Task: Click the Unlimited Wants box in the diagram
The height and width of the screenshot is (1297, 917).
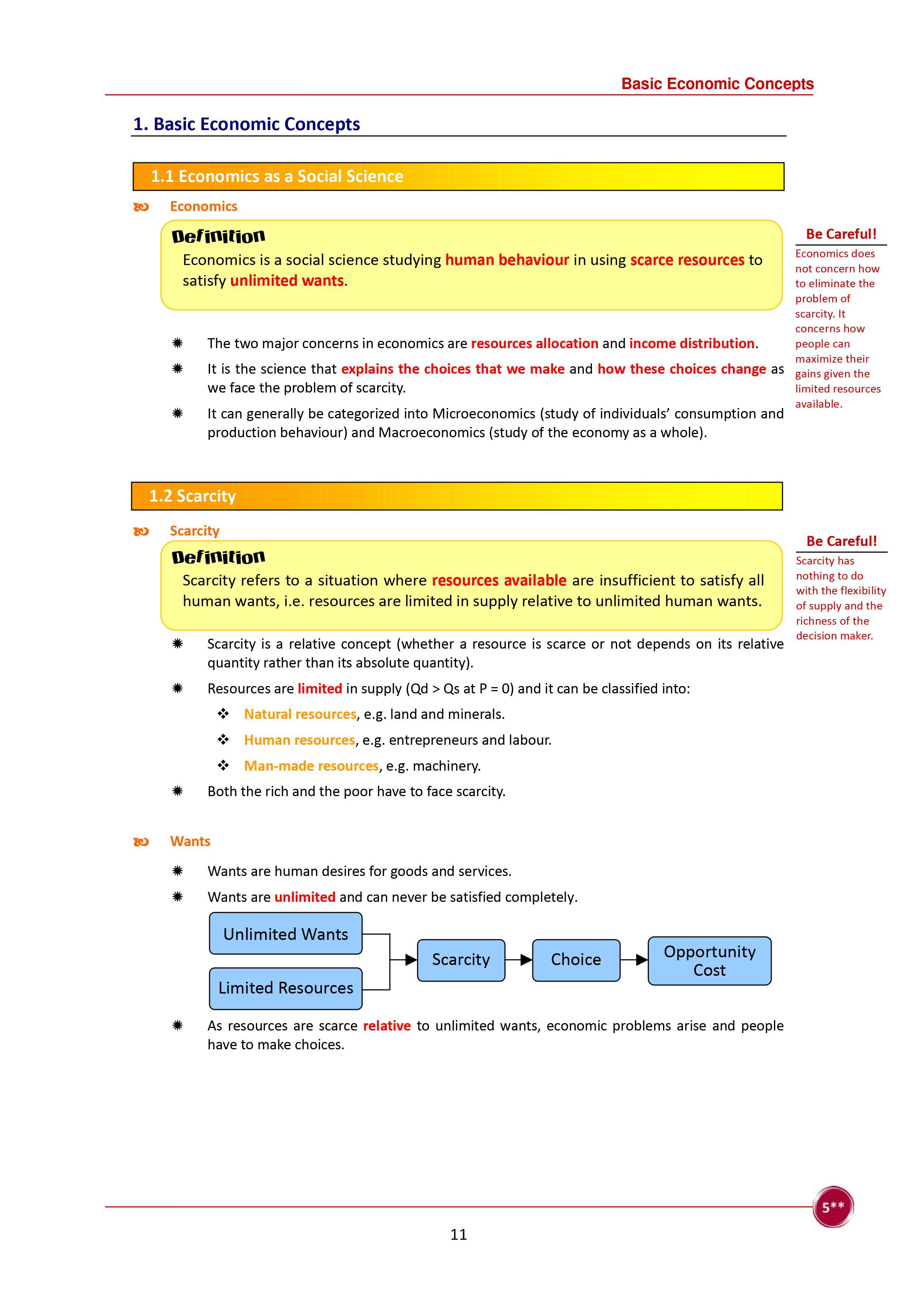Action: [x=285, y=934]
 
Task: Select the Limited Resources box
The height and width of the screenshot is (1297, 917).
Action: [x=285, y=988]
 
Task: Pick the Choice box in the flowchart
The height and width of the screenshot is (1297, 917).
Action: [x=576, y=960]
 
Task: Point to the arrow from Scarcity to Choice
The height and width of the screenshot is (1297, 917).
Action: [x=519, y=960]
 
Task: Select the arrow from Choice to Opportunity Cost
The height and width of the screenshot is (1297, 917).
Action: [x=634, y=960]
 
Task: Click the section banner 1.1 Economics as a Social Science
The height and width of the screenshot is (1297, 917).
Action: [x=458, y=176]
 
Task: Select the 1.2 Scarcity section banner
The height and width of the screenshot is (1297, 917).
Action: [x=457, y=496]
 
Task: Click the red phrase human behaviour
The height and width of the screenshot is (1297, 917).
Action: [x=507, y=260]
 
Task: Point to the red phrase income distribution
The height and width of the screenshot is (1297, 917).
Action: [x=691, y=343]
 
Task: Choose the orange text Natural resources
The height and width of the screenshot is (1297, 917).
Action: [x=300, y=714]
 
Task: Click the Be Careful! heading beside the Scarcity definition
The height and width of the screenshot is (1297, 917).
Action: [x=841, y=541]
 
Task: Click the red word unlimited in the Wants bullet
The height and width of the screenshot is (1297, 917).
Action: [x=305, y=897]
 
